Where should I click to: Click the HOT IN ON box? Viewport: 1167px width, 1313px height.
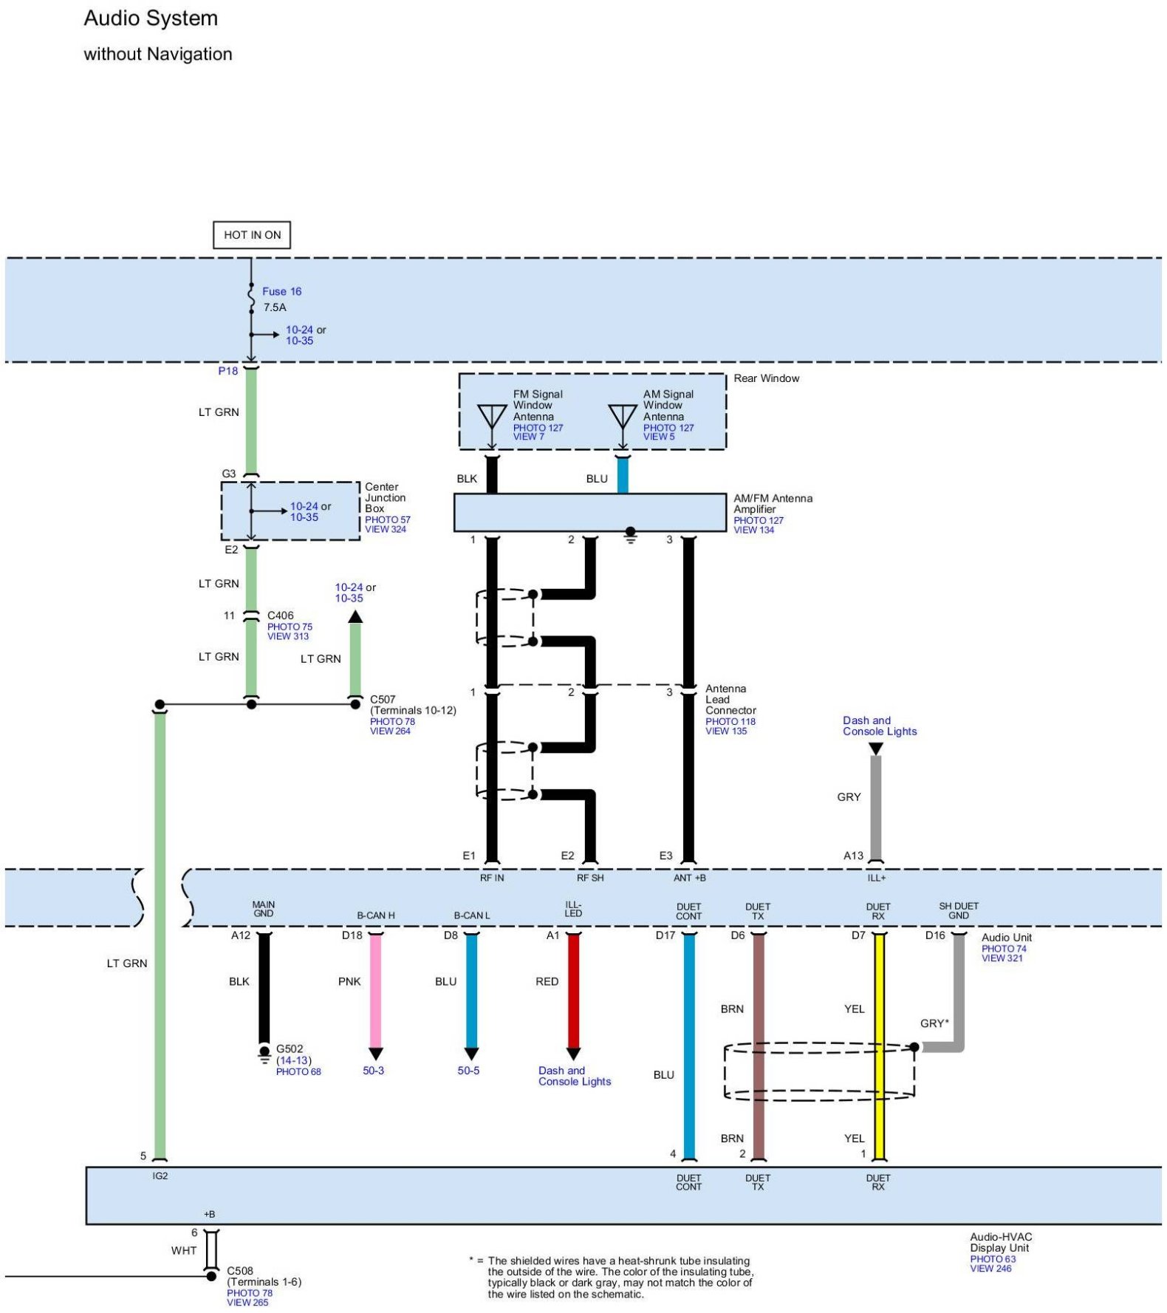tap(252, 235)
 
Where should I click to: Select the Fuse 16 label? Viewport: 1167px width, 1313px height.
tap(281, 291)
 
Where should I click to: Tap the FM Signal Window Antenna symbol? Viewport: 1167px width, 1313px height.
tap(492, 417)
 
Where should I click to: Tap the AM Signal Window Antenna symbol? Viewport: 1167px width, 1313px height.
tap(622, 417)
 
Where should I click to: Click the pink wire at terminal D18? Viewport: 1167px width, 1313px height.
tap(375, 990)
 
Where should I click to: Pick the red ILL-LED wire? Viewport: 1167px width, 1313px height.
tap(573, 990)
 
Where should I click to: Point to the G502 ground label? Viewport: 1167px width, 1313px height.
tap(290, 1048)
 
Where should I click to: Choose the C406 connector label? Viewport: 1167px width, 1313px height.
tap(281, 615)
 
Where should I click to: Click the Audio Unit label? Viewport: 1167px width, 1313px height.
tap(1006, 938)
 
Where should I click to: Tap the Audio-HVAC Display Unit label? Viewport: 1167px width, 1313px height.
tap(1000, 1242)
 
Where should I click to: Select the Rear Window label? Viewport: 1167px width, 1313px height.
tap(766, 378)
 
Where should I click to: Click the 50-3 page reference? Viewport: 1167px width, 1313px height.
tap(373, 1071)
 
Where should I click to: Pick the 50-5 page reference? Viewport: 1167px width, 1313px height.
tap(468, 1071)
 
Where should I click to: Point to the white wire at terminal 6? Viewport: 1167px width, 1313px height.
tap(211, 1249)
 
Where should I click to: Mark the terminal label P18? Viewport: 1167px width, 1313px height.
tap(227, 371)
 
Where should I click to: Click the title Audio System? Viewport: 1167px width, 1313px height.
tap(151, 18)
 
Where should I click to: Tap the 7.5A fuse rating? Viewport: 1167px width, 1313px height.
tap(275, 307)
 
